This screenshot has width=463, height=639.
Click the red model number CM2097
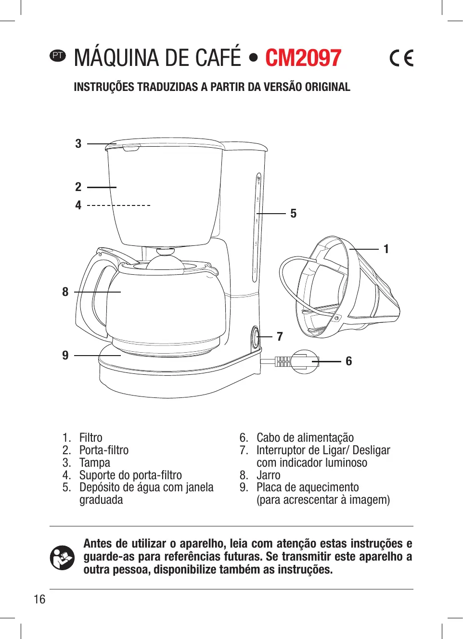[303, 58]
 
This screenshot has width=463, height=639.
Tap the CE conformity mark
[401, 58]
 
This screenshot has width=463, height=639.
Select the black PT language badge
[58, 55]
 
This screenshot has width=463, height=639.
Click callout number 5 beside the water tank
[293, 213]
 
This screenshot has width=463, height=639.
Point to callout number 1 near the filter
[386, 249]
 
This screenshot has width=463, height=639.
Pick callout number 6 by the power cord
[348, 361]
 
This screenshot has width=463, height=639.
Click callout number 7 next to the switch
[280, 336]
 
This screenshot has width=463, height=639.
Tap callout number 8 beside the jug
[65, 292]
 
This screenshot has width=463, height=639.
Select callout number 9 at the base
[65, 355]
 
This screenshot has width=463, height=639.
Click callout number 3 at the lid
[78, 143]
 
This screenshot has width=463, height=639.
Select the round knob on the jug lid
[165, 252]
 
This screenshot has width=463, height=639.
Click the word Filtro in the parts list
[90, 437]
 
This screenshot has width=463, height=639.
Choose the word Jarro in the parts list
[268, 475]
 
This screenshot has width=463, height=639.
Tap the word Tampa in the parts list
[94, 462]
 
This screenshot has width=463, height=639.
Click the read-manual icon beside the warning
[62, 557]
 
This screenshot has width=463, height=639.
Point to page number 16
[39, 599]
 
